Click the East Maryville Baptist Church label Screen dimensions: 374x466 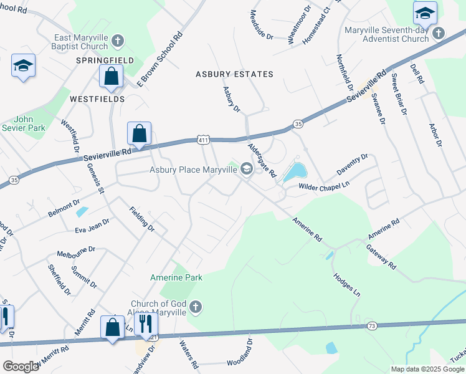point(81,42)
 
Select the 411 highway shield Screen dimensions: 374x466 point(202,141)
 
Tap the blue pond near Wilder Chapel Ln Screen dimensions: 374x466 point(295,171)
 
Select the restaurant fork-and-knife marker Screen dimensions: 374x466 point(146,324)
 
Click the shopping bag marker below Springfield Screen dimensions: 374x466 point(111,77)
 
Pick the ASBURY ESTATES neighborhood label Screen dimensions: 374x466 point(234,74)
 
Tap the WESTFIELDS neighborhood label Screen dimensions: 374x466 point(97,99)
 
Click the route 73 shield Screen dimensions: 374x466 point(372,326)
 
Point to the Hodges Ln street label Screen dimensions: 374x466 point(347,283)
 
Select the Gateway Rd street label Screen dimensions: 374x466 point(381,256)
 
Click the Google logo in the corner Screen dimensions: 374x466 point(21,367)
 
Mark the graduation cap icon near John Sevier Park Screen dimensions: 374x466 point(24,65)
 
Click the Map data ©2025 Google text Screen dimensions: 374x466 point(427,369)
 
